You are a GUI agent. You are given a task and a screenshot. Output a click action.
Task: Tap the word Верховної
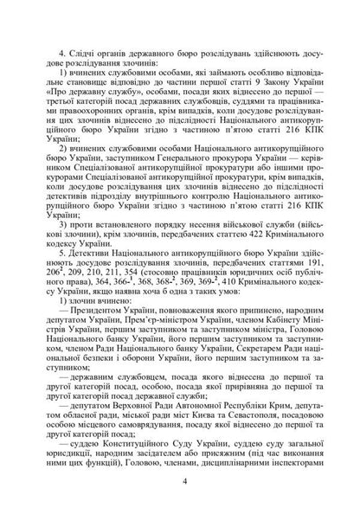tap(144, 394)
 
